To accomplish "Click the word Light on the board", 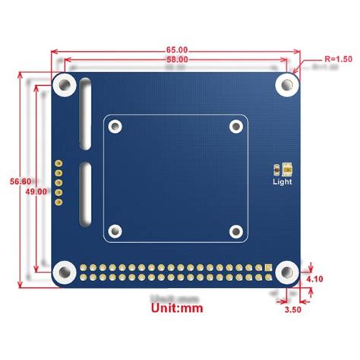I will point(280,182).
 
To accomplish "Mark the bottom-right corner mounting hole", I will point(286,270).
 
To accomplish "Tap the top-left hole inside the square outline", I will point(115,127).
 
